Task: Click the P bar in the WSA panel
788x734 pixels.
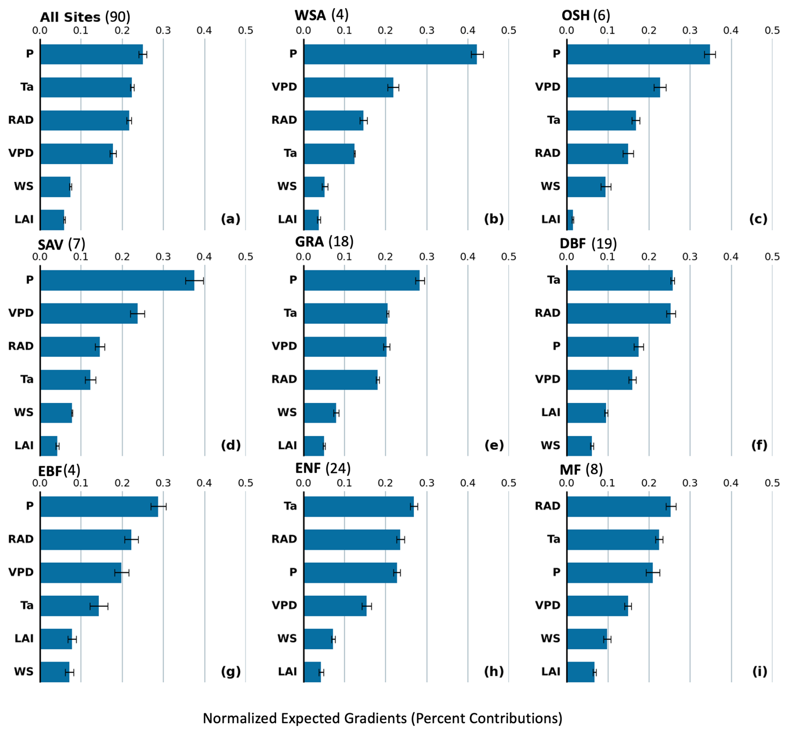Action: point(390,54)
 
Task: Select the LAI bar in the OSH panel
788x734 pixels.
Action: point(570,220)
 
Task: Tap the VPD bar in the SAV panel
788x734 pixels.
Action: point(89,313)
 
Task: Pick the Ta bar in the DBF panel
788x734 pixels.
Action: point(620,280)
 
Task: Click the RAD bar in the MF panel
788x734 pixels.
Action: point(619,506)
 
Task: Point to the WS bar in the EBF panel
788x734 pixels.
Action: point(55,672)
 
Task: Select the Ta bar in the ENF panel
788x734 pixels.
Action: point(359,506)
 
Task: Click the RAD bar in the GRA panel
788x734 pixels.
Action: point(341,380)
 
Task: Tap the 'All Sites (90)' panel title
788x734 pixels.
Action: point(85,17)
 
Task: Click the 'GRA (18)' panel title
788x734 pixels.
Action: point(324,241)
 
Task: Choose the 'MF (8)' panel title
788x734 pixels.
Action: point(581,470)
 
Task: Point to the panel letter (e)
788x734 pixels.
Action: point(494,445)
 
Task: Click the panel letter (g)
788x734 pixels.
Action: point(231,672)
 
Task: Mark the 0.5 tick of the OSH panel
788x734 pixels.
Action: point(772,30)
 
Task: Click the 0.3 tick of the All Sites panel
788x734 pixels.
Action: point(163,30)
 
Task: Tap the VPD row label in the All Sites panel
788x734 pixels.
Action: point(21,153)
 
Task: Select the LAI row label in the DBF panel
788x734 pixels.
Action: point(551,412)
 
